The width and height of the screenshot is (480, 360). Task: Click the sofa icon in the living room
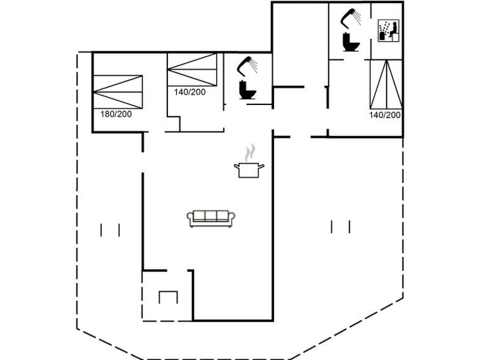(211, 218)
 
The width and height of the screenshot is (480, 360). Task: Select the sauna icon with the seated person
(389, 31)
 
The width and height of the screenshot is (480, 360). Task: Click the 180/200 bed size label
(116, 114)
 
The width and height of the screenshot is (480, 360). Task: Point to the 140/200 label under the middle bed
(190, 92)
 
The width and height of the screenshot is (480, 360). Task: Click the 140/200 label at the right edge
(385, 115)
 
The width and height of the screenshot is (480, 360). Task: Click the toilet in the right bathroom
(351, 42)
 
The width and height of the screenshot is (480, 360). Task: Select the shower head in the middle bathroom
(247, 66)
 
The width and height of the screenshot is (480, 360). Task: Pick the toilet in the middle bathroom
(247, 90)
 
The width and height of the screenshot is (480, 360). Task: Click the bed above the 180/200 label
(118, 92)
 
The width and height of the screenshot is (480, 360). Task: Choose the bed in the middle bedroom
(192, 69)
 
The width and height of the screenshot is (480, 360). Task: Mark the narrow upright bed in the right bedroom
(387, 84)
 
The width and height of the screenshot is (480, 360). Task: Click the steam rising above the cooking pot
(250, 152)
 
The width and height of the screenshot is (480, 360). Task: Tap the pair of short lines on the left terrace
(110, 230)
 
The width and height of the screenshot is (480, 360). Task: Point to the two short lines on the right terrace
(340, 226)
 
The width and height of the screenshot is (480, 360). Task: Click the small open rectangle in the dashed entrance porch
(168, 297)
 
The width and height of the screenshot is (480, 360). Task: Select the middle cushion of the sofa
(211, 216)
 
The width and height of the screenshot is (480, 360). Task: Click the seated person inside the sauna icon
(394, 29)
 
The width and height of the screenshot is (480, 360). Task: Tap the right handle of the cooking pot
(261, 167)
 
